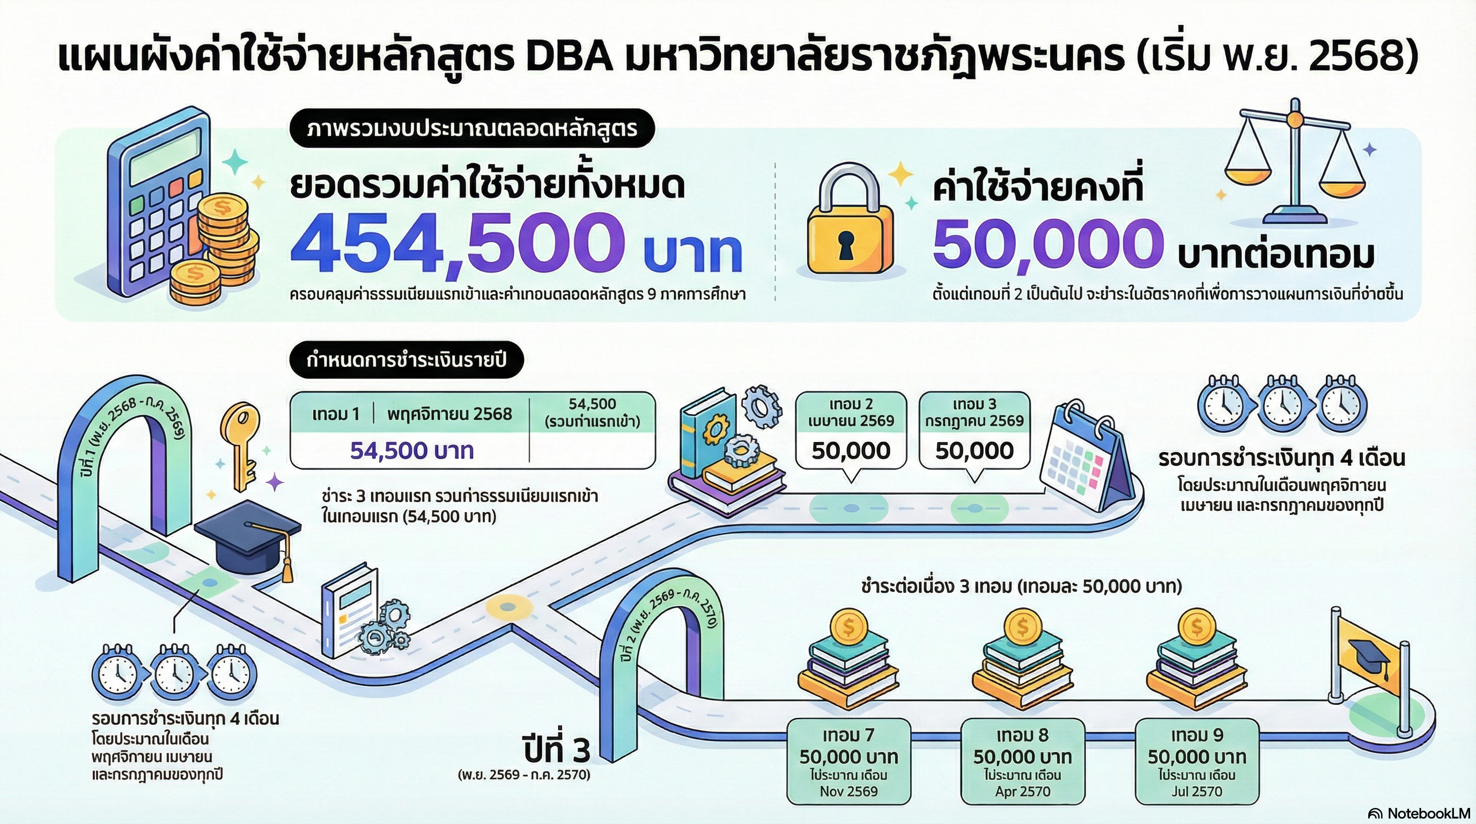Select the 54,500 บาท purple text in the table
(x=411, y=451)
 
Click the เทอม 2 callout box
(x=851, y=430)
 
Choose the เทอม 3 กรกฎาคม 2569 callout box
(x=974, y=430)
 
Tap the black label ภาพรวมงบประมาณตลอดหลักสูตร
(x=472, y=128)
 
